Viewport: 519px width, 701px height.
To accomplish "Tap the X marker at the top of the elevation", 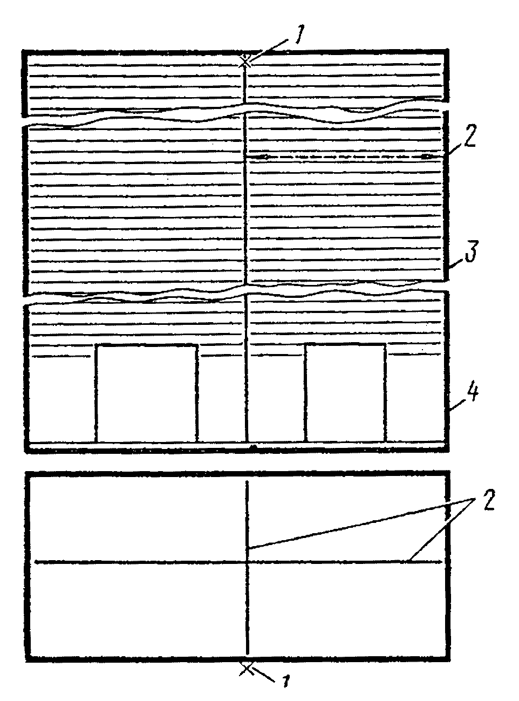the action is [246, 62].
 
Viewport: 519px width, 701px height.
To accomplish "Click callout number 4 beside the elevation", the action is [472, 394].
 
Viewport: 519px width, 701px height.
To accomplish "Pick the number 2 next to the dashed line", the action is [469, 139].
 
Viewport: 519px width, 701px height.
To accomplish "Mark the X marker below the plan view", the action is [247, 669].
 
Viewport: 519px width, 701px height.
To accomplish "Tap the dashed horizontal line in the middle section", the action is [345, 156].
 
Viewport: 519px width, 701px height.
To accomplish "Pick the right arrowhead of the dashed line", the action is [427, 156].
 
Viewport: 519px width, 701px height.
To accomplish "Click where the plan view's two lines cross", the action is [247, 562].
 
